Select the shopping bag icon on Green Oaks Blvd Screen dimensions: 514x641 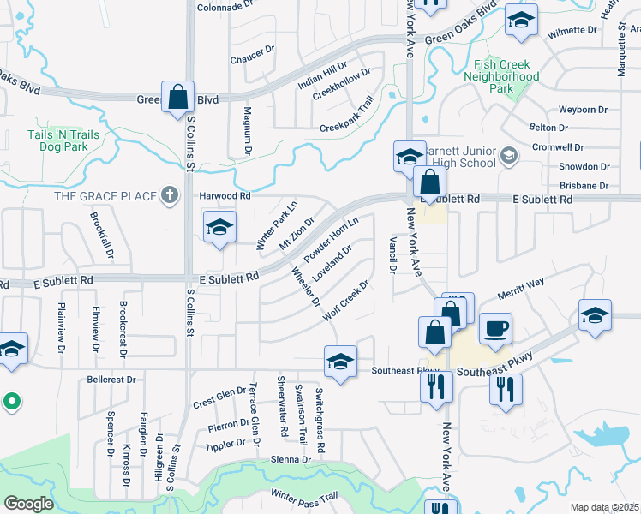click(177, 98)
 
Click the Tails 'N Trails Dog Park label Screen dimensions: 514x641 click(63, 140)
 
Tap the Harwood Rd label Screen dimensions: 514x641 click(225, 195)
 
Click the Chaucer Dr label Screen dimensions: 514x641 click(252, 60)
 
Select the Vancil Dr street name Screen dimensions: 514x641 click(392, 255)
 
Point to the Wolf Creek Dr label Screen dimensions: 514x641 click(345, 301)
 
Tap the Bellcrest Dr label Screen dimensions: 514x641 click(111, 379)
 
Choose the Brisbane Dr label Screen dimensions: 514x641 click(583, 185)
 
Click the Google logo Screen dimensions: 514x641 click(28, 504)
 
